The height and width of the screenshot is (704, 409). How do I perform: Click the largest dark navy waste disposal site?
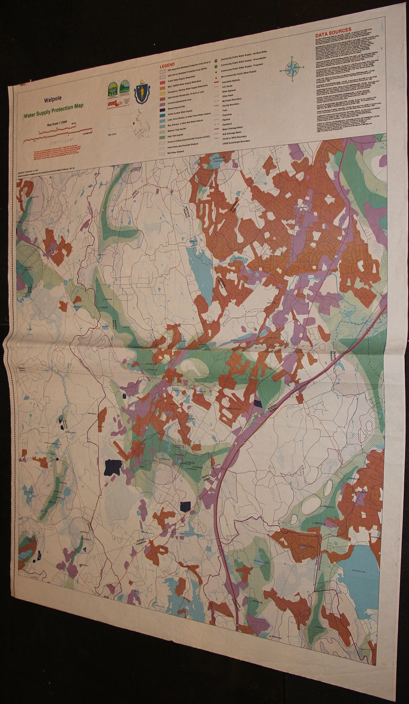coord(113,467)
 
